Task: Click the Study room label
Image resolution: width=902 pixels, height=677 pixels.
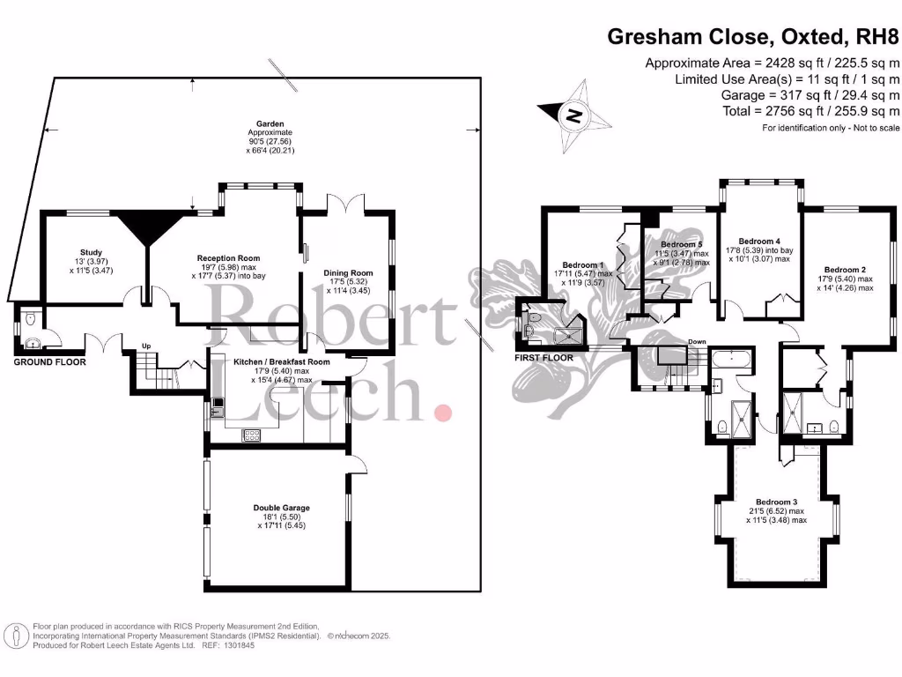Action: (92, 252)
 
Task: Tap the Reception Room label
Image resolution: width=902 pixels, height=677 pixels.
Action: (228, 258)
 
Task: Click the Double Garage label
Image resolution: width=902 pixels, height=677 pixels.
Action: (281, 508)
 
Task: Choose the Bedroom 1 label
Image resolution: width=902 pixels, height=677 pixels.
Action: (583, 264)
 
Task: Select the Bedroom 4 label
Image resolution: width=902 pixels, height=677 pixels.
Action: (759, 241)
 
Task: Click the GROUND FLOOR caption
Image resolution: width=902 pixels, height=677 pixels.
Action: (50, 362)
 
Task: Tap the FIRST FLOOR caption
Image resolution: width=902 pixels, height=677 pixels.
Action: (544, 358)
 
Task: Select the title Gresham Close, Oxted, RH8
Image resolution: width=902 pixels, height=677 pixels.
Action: (754, 37)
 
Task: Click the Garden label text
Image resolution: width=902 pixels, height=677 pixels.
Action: (270, 124)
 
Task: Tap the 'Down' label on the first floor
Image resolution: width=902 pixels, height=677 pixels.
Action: (697, 342)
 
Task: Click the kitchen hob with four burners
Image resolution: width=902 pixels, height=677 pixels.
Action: (251, 434)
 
